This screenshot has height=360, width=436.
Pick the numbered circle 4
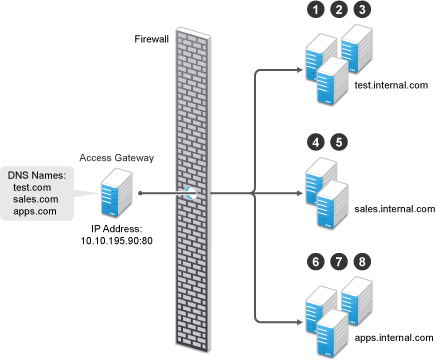(x=315, y=143)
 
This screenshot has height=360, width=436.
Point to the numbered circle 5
(x=339, y=143)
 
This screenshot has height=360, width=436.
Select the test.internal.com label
(x=391, y=86)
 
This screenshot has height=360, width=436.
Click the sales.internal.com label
(x=394, y=209)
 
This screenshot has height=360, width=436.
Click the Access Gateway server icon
(x=115, y=192)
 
